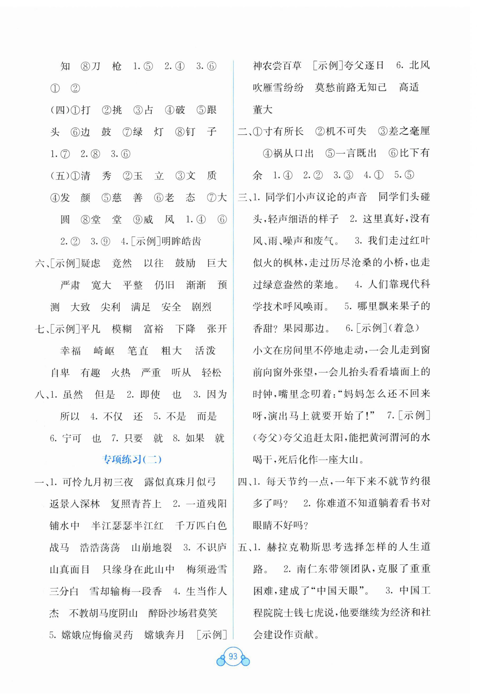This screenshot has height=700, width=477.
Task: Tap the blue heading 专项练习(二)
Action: pos(132,460)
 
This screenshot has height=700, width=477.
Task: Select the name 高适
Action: pos(409,88)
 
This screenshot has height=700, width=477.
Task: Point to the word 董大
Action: pos(263,110)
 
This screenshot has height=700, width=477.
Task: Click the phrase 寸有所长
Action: pos(284,131)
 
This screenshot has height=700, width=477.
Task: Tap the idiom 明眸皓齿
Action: pos(181,241)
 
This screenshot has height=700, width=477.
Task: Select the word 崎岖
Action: pos(104,351)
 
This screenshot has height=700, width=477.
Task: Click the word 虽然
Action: pos(73,395)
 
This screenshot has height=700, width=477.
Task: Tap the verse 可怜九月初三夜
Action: pos(98,482)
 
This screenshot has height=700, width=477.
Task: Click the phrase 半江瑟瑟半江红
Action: pos(127,526)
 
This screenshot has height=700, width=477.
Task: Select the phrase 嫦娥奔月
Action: pos(164,635)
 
